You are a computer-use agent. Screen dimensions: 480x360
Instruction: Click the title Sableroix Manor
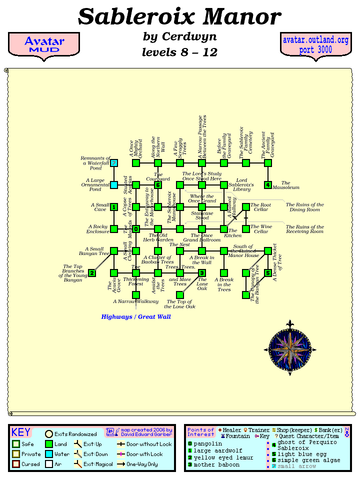(x=179, y=17)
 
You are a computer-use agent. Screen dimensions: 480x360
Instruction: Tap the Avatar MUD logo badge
(x=44, y=44)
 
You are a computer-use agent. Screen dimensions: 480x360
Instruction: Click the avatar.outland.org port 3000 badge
(x=315, y=45)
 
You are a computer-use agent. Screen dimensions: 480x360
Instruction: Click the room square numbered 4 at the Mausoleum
(x=268, y=185)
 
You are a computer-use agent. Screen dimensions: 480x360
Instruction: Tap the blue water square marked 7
(x=114, y=163)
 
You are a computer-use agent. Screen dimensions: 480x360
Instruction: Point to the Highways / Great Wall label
(x=136, y=316)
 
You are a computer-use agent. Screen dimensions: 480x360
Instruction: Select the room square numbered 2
(x=92, y=273)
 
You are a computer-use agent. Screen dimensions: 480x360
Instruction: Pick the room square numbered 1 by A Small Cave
(x=114, y=207)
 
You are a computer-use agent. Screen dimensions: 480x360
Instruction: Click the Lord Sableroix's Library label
(x=241, y=185)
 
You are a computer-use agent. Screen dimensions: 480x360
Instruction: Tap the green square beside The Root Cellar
(x=246, y=207)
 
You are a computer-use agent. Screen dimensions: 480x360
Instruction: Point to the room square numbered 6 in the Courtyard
(x=158, y=185)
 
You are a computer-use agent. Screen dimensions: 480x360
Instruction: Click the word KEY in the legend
(x=21, y=432)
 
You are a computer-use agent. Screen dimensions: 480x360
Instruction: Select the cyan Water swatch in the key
(x=49, y=454)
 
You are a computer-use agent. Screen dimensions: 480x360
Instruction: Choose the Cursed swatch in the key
(x=16, y=464)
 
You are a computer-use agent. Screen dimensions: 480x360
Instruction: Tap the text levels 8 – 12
(x=179, y=52)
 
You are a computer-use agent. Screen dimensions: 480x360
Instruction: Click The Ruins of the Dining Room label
(x=304, y=207)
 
